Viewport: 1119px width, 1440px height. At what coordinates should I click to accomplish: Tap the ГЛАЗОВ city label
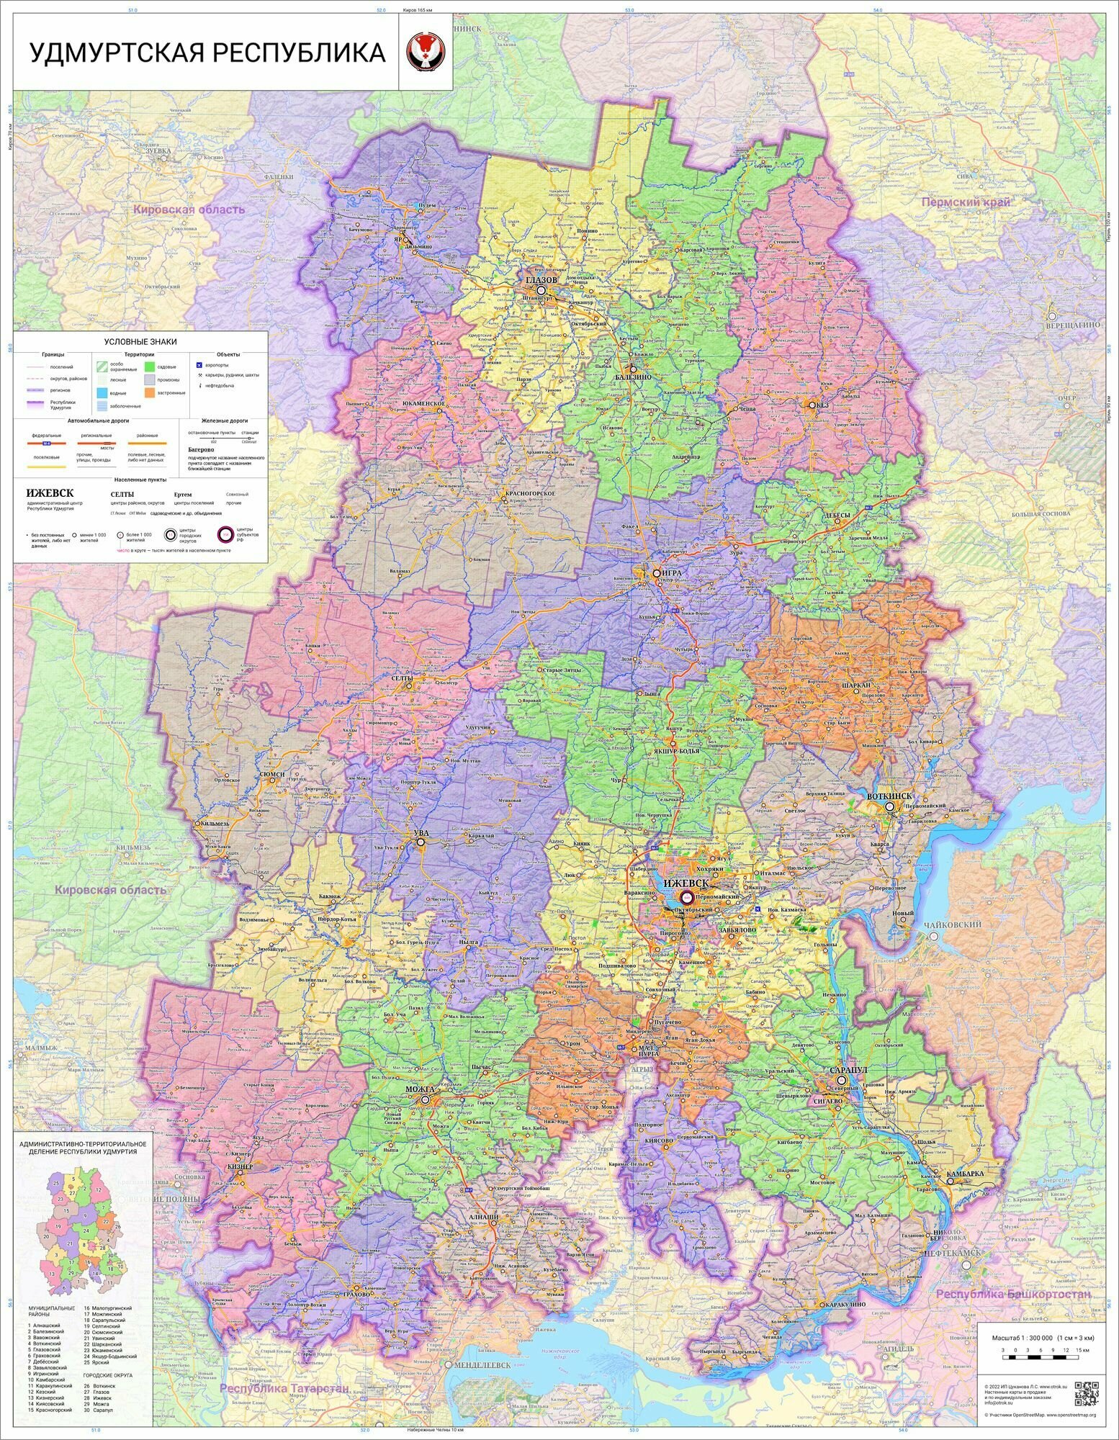[541, 279]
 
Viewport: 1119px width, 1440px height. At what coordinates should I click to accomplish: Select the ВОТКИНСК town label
[889, 796]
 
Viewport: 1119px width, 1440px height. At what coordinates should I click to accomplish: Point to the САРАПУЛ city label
[848, 1070]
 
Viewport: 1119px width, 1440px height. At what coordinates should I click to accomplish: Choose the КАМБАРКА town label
[964, 1173]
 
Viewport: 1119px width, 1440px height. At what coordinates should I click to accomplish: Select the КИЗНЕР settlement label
[239, 1166]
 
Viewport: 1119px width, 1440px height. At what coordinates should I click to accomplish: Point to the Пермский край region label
[966, 202]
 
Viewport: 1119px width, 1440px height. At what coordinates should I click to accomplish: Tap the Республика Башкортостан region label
[1012, 1294]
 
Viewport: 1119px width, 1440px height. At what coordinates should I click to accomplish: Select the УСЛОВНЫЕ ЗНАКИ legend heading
[140, 341]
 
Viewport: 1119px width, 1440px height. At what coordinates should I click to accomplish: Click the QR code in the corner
[1087, 1393]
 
